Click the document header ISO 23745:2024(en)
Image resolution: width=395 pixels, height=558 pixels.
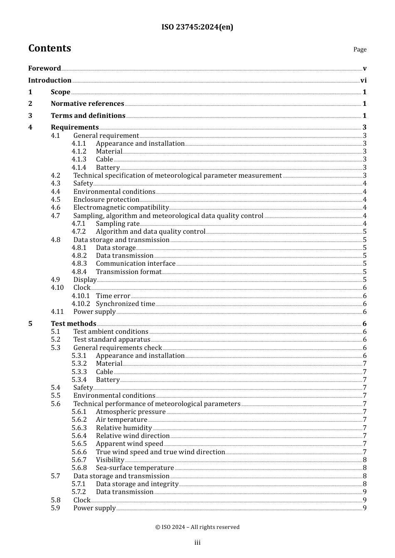[x=197, y=27]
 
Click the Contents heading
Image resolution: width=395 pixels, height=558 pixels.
[x=49, y=48]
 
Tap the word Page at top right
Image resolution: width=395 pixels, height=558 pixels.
[x=360, y=49]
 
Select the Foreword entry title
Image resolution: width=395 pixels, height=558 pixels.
[x=44, y=69]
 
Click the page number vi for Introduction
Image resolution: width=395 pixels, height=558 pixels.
[x=363, y=81]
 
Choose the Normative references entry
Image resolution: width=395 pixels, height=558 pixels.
[x=87, y=104]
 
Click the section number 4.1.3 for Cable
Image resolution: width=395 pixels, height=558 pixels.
[x=79, y=159]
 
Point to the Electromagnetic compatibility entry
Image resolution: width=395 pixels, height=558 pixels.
[x=121, y=208]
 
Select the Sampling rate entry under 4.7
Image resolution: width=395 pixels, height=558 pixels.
[x=118, y=224]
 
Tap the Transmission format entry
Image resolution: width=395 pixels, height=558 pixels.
[x=128, y=272]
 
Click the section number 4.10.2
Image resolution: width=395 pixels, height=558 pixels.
[x=81, y=304]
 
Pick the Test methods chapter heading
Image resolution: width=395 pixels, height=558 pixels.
[x=74, y=324]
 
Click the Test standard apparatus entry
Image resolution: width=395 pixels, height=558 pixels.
[x=112, y=340]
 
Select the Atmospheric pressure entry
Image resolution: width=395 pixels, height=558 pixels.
[x=131, y=412]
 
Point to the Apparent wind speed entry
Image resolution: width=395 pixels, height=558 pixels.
[x=129, y=444]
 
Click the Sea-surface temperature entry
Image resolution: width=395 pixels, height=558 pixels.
[x=135, y=468]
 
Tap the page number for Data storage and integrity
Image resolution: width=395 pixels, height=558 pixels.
[x=365, y=484]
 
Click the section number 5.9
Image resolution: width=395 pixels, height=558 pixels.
[x=56, y=508]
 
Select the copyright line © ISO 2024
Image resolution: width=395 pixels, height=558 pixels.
[x=197, y=527]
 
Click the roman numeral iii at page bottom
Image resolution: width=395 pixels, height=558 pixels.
[x=197, y=543]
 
